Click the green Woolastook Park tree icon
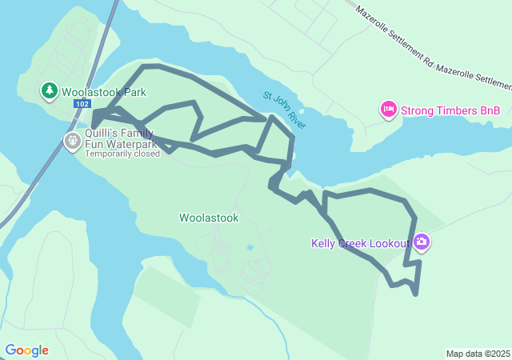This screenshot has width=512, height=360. tap(50, 90)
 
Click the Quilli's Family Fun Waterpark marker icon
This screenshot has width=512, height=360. tap(72, 142)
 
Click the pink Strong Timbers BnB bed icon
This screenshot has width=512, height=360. tap(389, 110)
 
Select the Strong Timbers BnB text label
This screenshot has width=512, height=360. tap(450, 110)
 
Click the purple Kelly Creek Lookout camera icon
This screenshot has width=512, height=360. tap(422, 242)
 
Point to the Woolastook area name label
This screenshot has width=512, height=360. tap(209, 218)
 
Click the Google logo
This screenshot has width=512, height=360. tap(26, 350)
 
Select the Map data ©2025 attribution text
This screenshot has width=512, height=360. tap(478, 354)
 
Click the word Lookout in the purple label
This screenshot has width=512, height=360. tap(390, 243)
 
